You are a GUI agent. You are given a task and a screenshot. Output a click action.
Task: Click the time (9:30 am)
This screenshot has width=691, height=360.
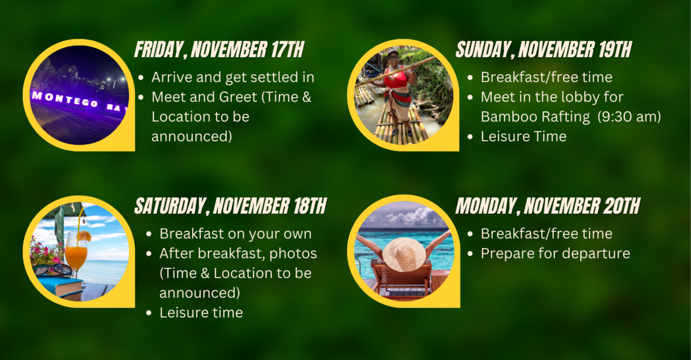pos(629,117)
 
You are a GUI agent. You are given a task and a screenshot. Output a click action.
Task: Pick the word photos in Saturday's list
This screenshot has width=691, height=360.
pos(293,254)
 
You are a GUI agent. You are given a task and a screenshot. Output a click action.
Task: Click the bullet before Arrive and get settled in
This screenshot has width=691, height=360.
pos(141,77)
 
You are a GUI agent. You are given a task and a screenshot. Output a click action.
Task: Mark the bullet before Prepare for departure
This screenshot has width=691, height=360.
pos(470,254)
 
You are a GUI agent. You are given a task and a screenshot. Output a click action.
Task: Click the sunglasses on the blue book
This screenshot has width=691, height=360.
pos(52,270)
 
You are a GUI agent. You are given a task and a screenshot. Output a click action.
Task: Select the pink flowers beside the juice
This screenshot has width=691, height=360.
pos(47,253)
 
